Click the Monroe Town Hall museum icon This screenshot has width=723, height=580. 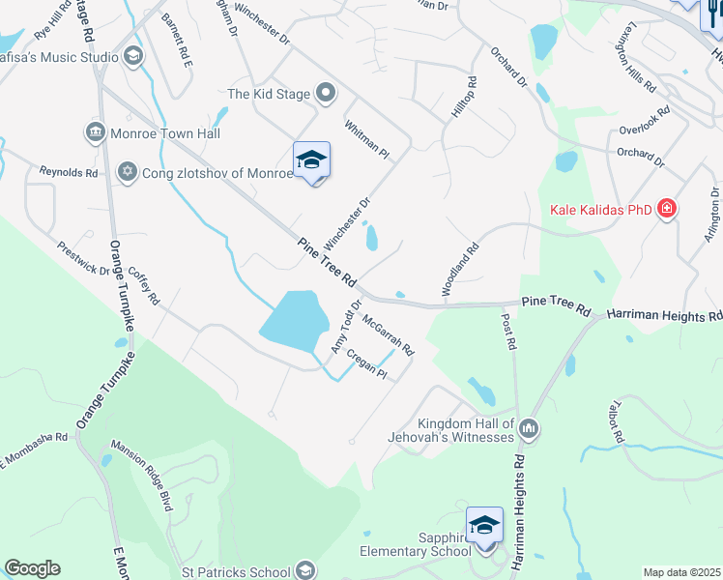point(95,132)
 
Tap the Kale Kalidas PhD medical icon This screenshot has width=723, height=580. point(666,209)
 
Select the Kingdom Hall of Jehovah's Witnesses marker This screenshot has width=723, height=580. point(528,427)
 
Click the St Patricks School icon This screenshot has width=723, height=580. point(306,571)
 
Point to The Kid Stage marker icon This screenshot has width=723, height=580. point(327,94)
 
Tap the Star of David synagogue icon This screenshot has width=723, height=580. point(127,172)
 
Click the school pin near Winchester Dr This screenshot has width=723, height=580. point(311,161)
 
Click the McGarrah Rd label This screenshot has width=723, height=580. point(389,335)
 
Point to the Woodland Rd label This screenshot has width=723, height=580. point(460,269)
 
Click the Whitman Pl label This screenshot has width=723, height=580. point(365,140)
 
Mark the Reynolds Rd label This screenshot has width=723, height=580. point(69,172)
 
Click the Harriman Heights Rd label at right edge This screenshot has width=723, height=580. point(664,316)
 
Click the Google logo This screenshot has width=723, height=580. point(32,568)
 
